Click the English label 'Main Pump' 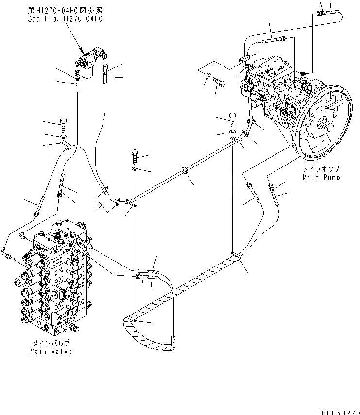click(321, 177)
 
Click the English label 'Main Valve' click(51, 351)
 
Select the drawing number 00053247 click(335, 410)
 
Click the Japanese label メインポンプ click(321, 169)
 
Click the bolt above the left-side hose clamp click(63, 124)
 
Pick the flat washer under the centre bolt click(135, 168)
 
